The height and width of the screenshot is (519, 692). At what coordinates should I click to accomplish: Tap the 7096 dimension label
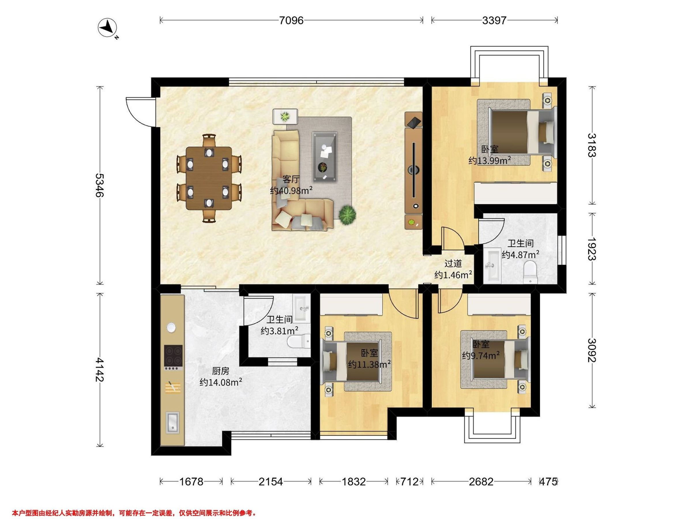click(291, 21)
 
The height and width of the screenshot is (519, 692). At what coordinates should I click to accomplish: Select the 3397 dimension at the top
click(494, 21)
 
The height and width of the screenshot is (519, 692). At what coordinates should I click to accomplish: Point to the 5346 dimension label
click(100, 185)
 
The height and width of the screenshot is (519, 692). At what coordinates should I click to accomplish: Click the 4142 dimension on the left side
click(100, 370)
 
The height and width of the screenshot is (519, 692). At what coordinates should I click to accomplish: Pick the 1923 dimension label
click(592, 249)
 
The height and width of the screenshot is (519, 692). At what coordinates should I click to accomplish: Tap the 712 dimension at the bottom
click(409, 482)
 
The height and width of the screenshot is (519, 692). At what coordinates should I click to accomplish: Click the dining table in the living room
click(209, 178)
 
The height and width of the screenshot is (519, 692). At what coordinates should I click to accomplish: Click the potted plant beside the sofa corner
click(347, 215)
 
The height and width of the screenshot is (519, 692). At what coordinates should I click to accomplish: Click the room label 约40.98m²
click(292, 191)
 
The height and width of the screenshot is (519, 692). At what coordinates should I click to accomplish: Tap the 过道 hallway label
click(453, 264)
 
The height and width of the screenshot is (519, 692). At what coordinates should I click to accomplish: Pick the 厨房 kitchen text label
click(221, 371)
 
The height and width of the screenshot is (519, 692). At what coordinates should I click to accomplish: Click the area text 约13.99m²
click(490, 161)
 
